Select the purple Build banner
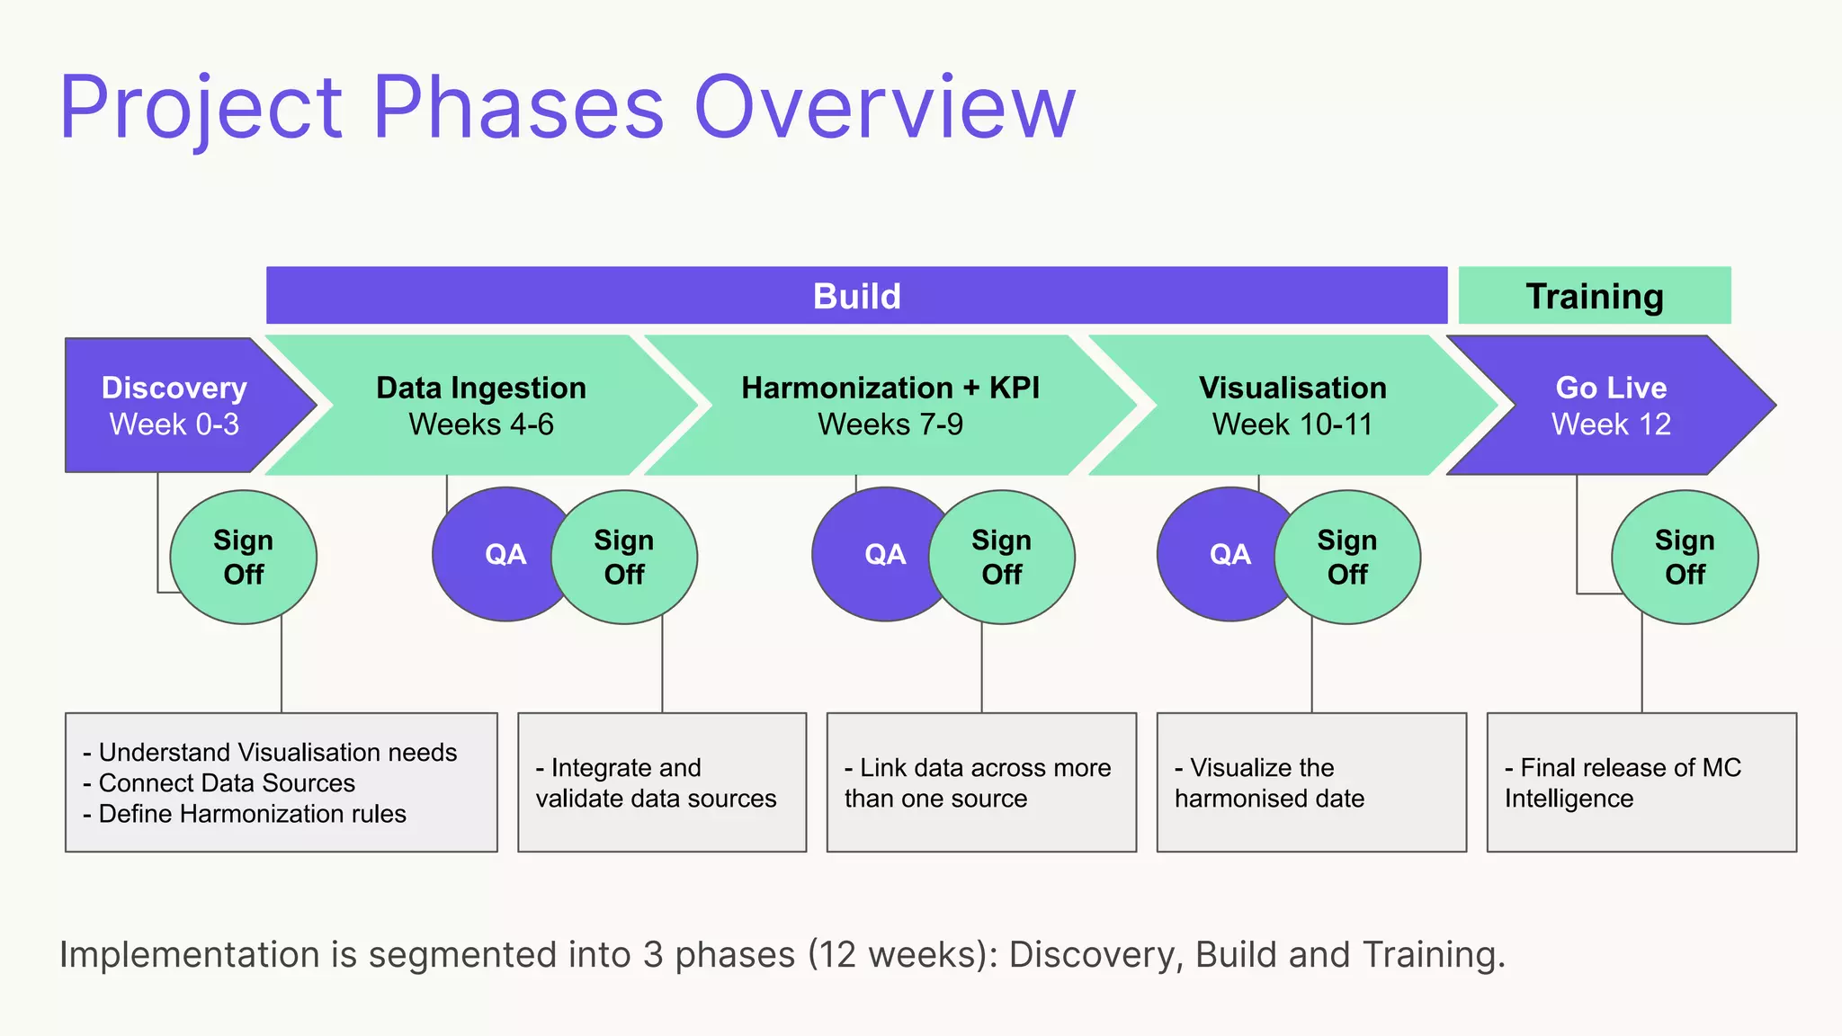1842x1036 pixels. tap(856, 296)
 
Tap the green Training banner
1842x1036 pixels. tap(1594, 296)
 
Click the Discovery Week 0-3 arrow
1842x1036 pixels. tap(174, 406)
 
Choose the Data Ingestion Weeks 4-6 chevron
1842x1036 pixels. tap(481, 406)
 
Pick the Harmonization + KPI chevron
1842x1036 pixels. tap(890, 406)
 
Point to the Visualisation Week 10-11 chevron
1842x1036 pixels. tap(1292, 406)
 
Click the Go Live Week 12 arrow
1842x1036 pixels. tap(1610, 406)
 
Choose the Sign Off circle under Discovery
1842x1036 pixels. tap(243, 558)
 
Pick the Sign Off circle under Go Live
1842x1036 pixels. tap(1684, 558)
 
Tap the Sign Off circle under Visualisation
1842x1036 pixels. tap(1346, 558)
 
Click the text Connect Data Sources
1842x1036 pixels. tap(227, 783)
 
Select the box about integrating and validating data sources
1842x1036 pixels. tap(661, 782)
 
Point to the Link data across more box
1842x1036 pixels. tap(980, 782)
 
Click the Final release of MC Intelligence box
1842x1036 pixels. tap(1641, 782)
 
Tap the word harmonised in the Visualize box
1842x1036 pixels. tap(1244, 799)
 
